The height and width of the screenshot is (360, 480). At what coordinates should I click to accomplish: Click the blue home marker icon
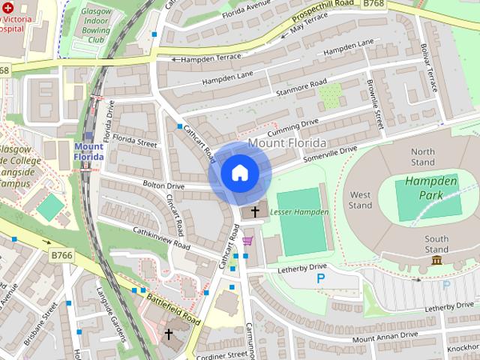click(239, 173)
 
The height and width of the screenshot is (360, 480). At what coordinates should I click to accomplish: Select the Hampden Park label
click(424, 188)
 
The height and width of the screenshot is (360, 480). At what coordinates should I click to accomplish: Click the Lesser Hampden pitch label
click(303, 213)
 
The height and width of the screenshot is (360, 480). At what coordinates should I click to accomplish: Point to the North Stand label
click(423, 157)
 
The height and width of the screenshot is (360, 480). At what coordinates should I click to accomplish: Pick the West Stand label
click(360, 200)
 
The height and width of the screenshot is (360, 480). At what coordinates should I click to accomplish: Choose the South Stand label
click(436, 244)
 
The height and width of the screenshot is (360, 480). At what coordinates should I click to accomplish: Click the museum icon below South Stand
click(436, 260)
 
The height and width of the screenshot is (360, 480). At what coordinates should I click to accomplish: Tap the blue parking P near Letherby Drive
click(321, 278)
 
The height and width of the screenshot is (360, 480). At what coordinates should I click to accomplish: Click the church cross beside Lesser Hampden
click(255, 212)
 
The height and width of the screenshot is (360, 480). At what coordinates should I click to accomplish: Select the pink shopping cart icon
click(247, 241)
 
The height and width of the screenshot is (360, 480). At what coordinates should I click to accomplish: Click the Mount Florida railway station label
click(89, 151)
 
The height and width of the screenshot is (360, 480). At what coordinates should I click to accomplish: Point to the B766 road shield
click(62, 256)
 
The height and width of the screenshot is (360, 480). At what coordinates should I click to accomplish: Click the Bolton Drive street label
click(165, 185)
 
